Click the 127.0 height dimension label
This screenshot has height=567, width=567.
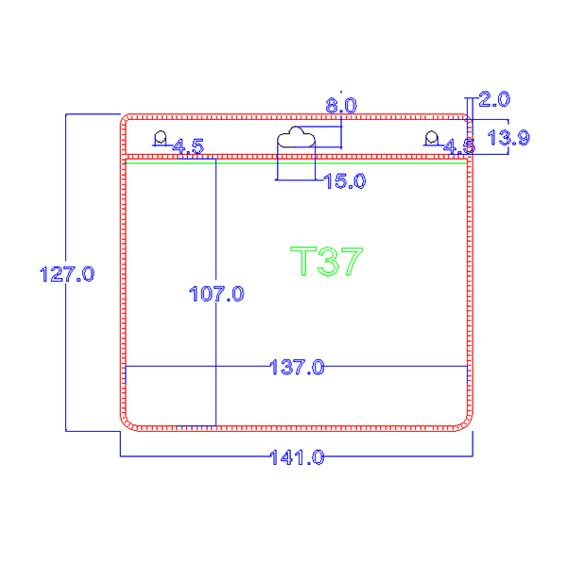pyautogui.click(x=66, y=275)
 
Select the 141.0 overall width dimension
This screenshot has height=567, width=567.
pyautogui.click(x=297, y=457)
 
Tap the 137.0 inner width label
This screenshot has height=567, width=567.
pyautogui.click(x=297, y=366)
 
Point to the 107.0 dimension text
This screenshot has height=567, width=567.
pyautogui.click(x=216, y=294)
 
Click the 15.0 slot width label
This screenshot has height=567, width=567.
pyautogui.click(x=344, y=180)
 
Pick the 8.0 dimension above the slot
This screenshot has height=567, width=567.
pyautogui.click(x=341, y=106)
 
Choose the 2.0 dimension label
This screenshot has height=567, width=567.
pyautogui.click(x=494, y=98)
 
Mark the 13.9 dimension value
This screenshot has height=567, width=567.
pyautogui.click(x=507, y=138)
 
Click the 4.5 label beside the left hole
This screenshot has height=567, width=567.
pyautogui.click(x=187, y=146)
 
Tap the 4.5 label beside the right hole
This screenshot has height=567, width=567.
pyautogui.click(x=459, y=146)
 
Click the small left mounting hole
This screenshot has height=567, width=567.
pyautogui.click(x=161, y=139)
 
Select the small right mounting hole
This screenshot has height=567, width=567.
pyautogui.click(x=432, y=139)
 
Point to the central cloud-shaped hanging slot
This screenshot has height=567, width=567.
pyautogui.click(x=296, y=139)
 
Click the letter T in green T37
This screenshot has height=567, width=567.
pyautogui.click(x=302, y=261)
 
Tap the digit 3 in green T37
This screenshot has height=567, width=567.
pyautogui.click(x=326, y=261)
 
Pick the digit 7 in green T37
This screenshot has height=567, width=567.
pyautogui.click(x=350, y=261)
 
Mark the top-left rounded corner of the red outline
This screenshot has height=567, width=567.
pyautogui.click(x=127, y=121)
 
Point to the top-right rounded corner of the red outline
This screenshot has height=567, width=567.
pyautogui.click(x=465, y=121)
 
